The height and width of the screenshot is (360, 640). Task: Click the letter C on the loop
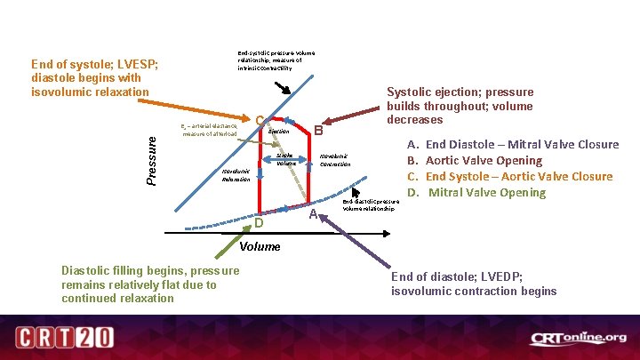coord(259,121)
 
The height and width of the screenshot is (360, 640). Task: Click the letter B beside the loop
coord(317,130)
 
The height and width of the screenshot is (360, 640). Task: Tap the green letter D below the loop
coord(260,220)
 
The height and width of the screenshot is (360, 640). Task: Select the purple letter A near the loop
coord(313,214)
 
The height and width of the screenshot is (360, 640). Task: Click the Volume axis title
coord(260,246)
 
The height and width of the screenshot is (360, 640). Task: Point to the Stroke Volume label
coord(285,159)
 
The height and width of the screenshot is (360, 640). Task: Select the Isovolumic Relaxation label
coord(236,174)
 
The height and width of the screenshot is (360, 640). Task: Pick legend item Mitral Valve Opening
coord(486,193)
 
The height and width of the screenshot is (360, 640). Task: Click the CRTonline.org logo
coord(578,339)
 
